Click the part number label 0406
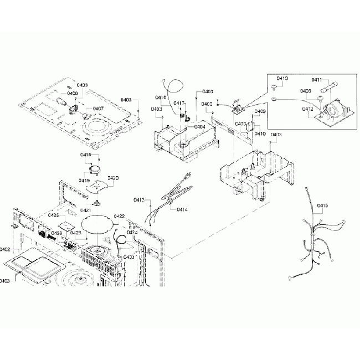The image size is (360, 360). (x=73, y=94)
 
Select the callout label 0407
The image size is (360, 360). (x=98, y=108)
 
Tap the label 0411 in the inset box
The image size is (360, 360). (x=316, y=80)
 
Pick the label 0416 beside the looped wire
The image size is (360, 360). (x=161, y=97)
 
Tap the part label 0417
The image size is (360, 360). (x=179, y=103)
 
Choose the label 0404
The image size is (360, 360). (x=199, y=127)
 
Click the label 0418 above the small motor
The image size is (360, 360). (x=86, y=155)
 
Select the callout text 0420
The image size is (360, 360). (x=113, y=178)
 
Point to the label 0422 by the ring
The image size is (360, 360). (x=119, y=216)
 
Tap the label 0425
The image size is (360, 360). (x=53, y=215)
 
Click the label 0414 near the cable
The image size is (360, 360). (x=182, y=210)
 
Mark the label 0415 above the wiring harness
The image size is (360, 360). (x=322, y=206)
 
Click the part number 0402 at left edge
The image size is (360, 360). (x=6, y=249)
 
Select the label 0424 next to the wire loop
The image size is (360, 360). (x=131, y=233)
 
